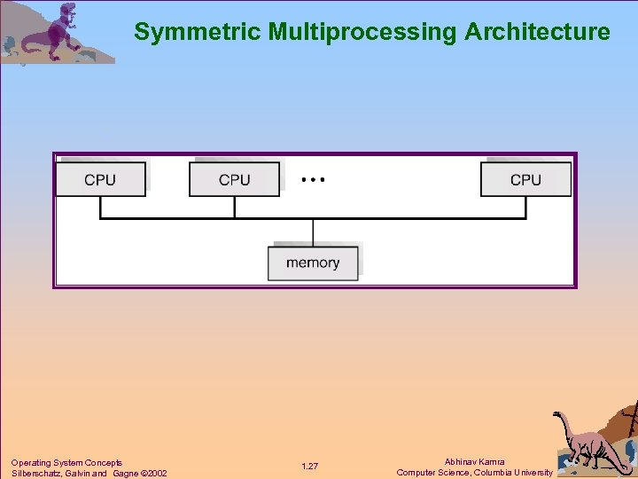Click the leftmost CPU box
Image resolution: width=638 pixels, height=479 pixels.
click(100, 179)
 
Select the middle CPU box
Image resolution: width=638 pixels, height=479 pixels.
click(234, 179)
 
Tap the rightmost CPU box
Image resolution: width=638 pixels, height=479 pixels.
click(525, 179)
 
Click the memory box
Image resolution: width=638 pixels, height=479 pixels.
click(313, 263)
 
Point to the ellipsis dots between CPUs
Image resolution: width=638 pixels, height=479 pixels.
click(313, 179)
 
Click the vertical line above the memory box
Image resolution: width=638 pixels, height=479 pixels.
click(313, 232)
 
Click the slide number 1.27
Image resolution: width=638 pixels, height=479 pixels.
click(309, 467)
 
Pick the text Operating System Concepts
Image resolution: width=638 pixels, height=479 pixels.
click(66, 462)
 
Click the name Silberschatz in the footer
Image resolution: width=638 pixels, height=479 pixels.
click(35, 473)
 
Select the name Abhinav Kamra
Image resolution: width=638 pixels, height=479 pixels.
click(474, 462)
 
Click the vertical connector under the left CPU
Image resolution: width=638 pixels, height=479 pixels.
click(100, 207)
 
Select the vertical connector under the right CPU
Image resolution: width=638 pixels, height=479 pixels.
click(525, 207)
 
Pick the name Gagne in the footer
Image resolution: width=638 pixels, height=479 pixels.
click(124, 473)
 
